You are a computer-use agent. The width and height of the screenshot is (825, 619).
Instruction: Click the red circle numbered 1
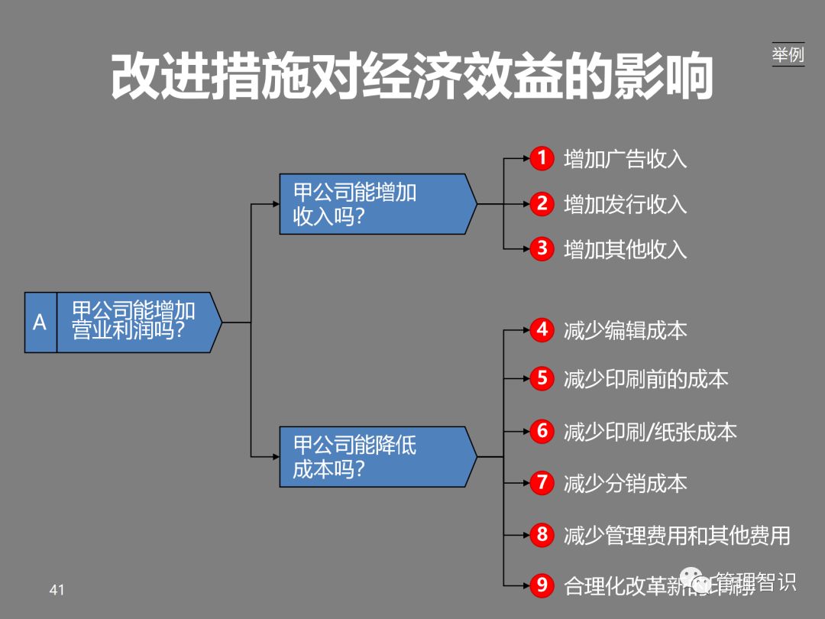click(x=542, y=159)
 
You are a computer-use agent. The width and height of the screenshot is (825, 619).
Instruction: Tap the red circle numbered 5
click(x=542, y=378)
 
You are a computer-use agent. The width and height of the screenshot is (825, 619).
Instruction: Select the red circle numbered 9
click(x=542, y=585)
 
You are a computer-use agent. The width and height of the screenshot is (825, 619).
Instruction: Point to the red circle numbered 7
click(x=542, y=483)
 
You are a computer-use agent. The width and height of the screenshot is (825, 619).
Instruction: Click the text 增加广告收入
click(x=625, y=159)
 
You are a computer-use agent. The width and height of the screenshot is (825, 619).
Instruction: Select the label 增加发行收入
click(x=625, y=204)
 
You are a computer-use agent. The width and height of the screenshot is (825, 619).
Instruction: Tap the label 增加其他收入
click(x=625, y=249)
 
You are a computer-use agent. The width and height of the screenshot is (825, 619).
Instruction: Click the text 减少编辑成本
click(x=625, y=330)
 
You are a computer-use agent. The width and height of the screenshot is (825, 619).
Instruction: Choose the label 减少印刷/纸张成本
click(x=649, y=432)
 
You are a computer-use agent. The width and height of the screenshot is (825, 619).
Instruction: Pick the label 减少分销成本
click(x=625, y=483)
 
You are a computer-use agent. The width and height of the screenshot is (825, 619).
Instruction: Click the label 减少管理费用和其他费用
click(x=676, y=535)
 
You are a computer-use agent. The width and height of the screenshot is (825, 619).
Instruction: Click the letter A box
click(x=40, y=322)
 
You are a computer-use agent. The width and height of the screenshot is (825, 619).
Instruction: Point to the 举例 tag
click(x=788, y=55)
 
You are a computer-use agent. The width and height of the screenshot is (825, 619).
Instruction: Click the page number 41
click(x=57, y=589)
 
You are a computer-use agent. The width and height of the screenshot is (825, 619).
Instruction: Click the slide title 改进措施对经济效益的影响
click(x=412, y=77)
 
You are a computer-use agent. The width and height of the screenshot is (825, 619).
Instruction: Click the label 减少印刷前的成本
click(x=645, y=378)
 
